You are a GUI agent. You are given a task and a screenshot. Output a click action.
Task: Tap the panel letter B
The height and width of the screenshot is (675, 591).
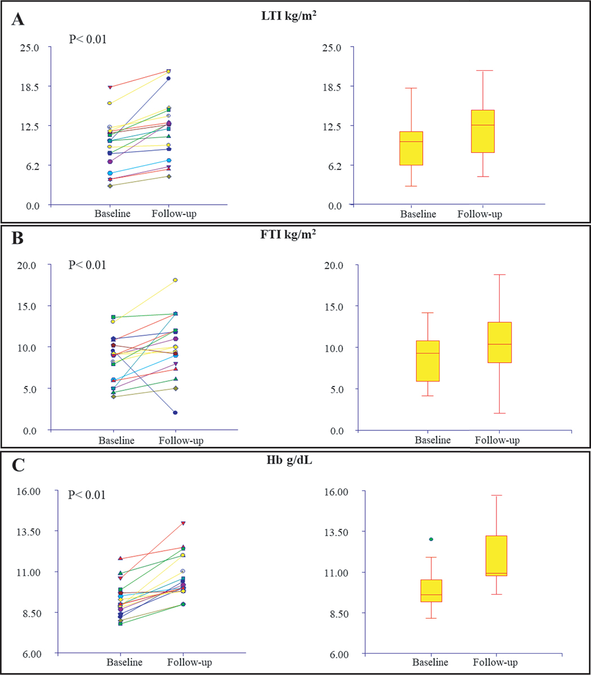tap(18, 238)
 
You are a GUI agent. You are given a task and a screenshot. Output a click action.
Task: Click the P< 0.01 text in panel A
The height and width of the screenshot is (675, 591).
tap(87, 39)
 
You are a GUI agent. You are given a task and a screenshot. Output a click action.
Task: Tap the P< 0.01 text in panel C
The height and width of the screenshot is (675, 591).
tap(87, 495)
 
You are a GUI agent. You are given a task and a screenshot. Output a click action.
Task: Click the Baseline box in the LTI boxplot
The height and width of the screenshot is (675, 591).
tap(411, 148)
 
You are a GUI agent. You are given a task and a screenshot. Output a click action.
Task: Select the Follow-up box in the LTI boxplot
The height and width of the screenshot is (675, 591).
tap(482, 131)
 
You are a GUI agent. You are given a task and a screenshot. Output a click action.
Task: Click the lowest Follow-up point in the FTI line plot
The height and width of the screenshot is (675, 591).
tap(175, 413)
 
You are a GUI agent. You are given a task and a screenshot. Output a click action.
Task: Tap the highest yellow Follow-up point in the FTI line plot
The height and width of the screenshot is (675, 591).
tap(175, 280)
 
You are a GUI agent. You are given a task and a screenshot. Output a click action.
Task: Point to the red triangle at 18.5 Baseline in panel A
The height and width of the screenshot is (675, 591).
tap(110, 87)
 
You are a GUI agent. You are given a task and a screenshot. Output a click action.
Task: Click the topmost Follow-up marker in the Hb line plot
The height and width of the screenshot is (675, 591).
tap(183, 523)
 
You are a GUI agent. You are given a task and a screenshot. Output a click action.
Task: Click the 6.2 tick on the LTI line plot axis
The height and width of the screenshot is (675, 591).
tap(30, 165)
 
